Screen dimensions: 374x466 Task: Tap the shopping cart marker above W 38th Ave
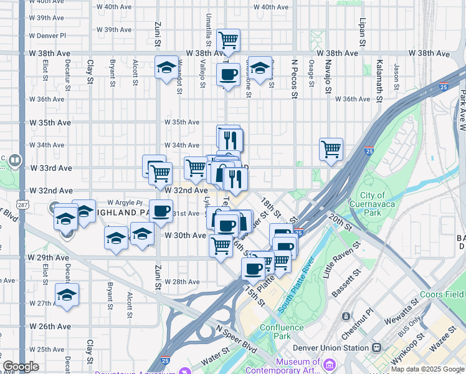click(229, 41)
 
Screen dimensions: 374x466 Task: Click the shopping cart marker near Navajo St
click(331, 150)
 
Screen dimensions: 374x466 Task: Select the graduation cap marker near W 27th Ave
click(67, 295)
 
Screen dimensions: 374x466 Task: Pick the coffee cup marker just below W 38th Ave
click(228, 75)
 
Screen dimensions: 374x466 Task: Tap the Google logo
click(21, 367)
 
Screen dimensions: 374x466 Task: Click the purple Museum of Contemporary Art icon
click(328, 363)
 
